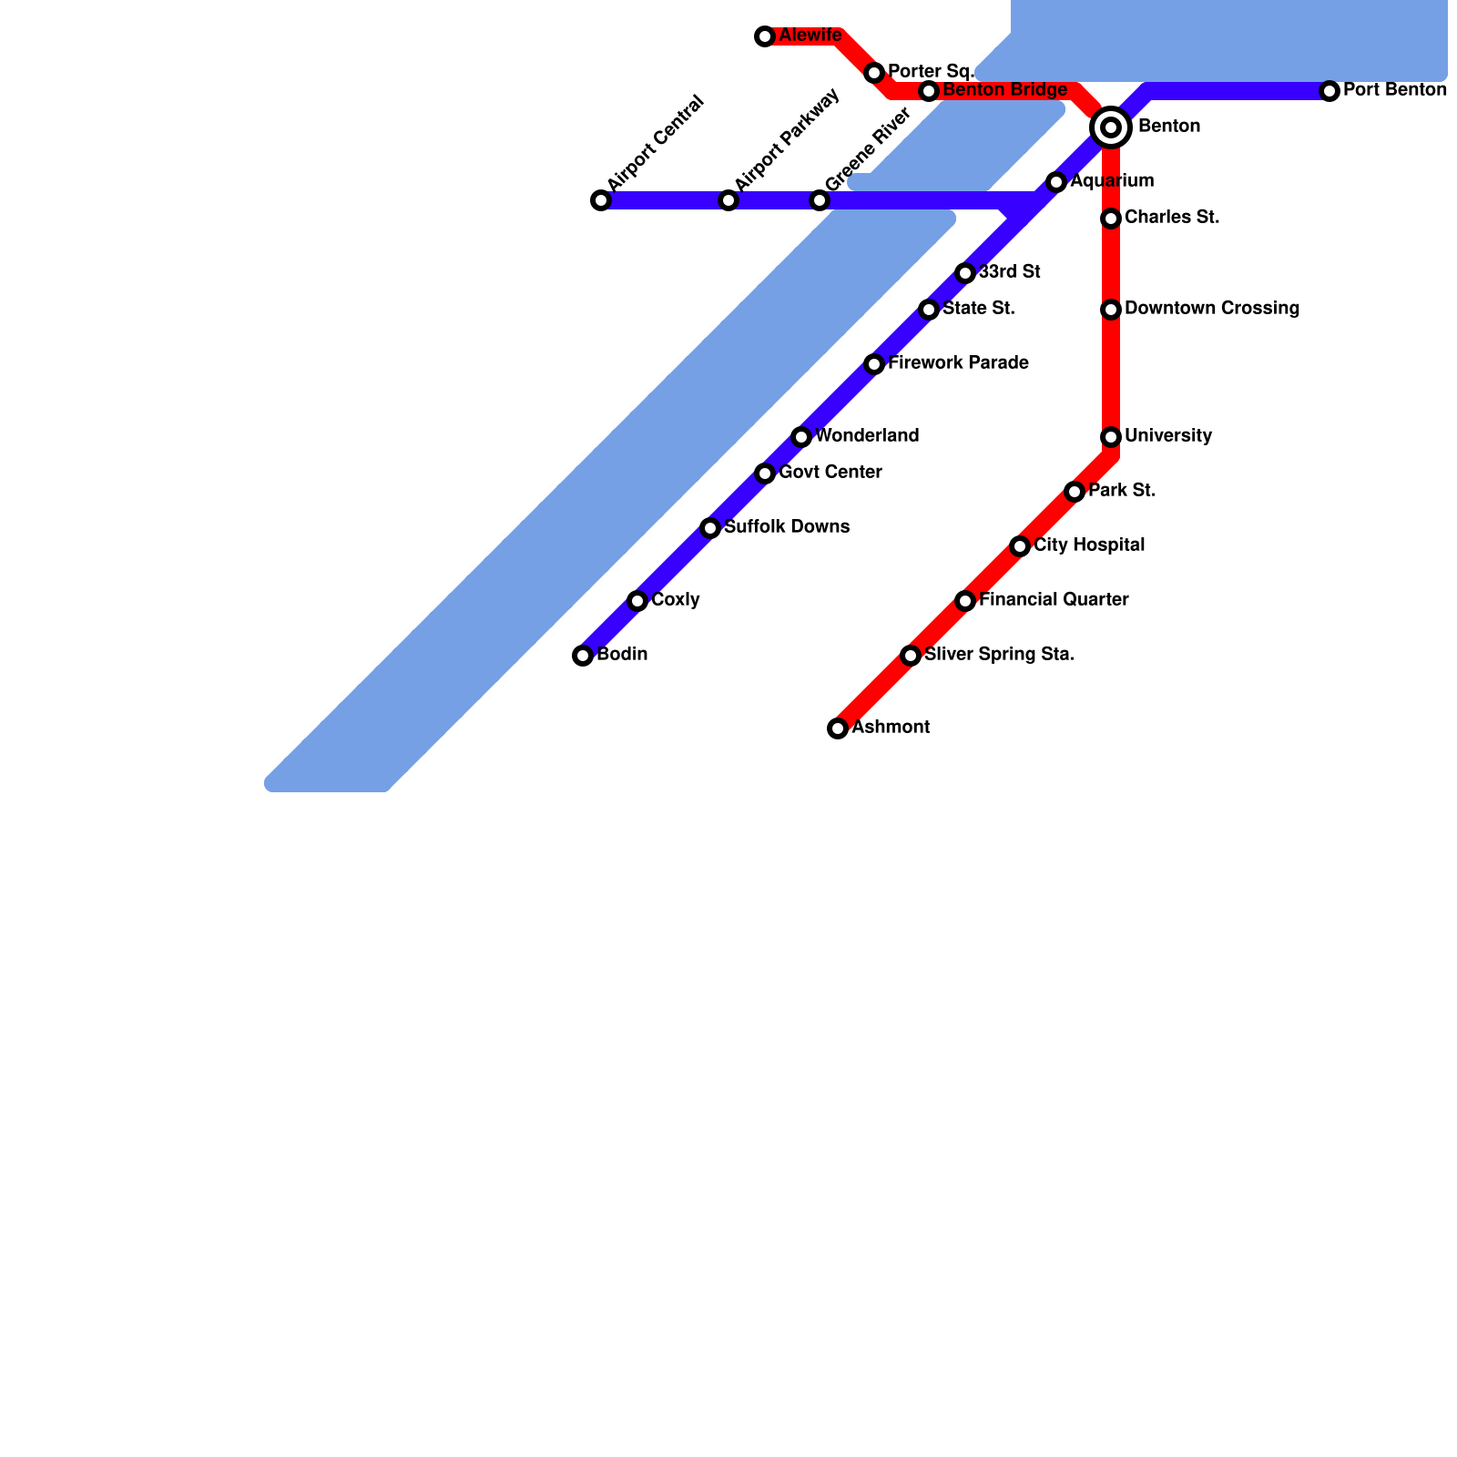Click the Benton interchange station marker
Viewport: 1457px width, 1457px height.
pos(1111,127)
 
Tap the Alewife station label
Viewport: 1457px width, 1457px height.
pos(810,36)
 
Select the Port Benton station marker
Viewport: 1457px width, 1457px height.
pos(1330,91)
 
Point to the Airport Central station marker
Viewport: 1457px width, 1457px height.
pos(601,200)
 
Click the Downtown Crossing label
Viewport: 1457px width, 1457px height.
pos(1211,309)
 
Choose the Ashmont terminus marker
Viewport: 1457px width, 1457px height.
pos(838,728)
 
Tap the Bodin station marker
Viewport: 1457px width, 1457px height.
pos(583,656)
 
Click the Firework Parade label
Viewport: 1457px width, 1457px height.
pos(958,363)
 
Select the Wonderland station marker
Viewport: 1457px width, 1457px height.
pos(801,437)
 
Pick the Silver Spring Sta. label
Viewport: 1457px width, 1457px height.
pos(999,655)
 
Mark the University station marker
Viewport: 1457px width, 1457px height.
pos(1111,437)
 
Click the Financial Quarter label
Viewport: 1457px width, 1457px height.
pos(1054,600)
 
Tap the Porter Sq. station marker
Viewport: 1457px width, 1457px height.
pos(874,73)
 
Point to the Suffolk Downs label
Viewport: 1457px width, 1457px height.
pos(787,527)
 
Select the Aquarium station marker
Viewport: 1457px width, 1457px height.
pos(1056,182)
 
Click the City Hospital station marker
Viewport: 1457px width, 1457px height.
pos(1020,546)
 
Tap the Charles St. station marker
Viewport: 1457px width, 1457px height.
pos(1111,219)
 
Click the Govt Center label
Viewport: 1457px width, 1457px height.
pos(830,473)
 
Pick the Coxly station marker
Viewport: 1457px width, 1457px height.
pos(637,601)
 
